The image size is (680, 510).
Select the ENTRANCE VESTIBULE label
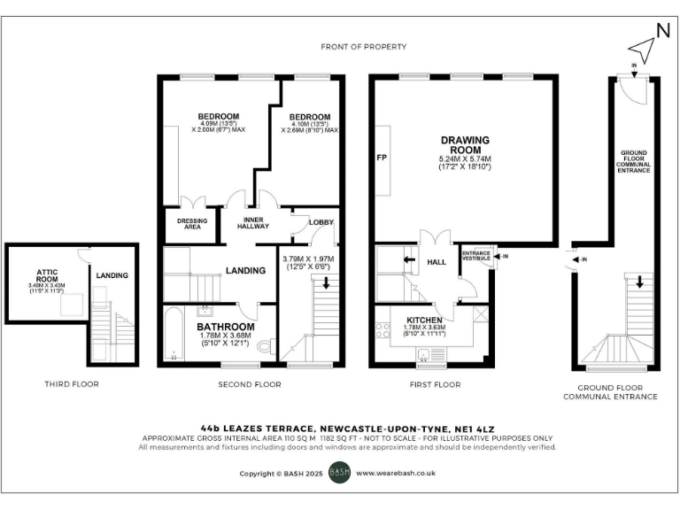475,256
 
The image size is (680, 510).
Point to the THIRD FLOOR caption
72,384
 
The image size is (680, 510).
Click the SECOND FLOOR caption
249,384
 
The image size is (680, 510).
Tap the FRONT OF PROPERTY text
365,46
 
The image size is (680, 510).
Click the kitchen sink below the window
427,356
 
